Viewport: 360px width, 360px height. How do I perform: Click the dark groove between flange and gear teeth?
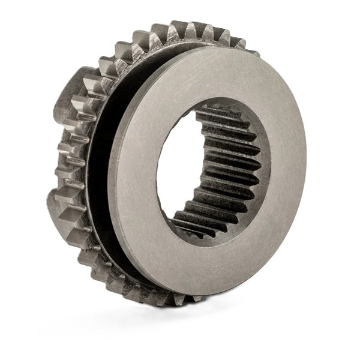click(x=99, y=180)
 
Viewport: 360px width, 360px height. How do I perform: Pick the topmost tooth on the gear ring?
click(x=180, y=28)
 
